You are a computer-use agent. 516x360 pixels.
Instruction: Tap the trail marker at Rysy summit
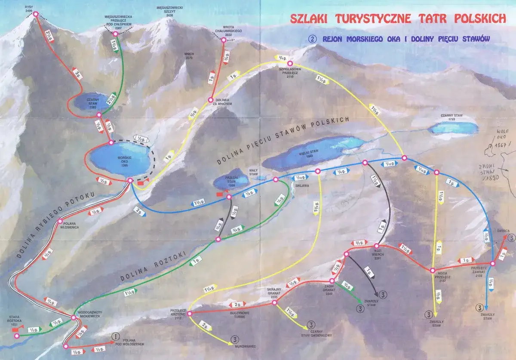35,14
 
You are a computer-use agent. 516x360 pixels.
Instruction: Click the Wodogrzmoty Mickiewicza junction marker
74,318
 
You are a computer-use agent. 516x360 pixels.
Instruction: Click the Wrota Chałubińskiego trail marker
223,40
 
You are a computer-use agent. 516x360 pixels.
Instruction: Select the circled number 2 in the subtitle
313,38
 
